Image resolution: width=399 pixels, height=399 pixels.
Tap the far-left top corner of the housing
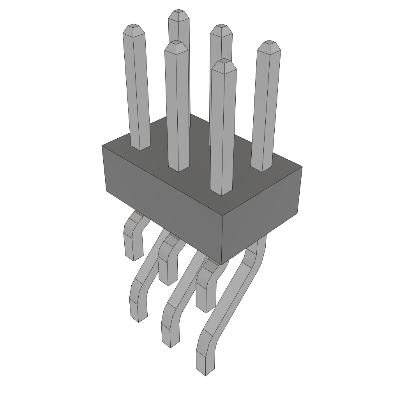tap(102, 146)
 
